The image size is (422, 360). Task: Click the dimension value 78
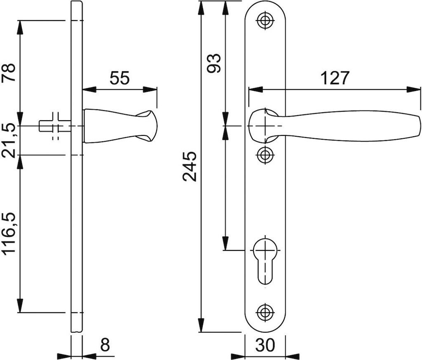click(x=9, y=72)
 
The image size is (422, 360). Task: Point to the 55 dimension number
click(x=120, y=78)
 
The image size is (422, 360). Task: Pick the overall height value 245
click(x=190, y=166)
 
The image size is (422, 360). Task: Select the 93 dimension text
click(x=213, y=63)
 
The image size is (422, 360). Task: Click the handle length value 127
click(x=334, y=78)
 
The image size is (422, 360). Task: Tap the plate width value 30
click(x=265, y=345)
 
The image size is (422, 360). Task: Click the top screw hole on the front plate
click(x=265, y=21)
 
